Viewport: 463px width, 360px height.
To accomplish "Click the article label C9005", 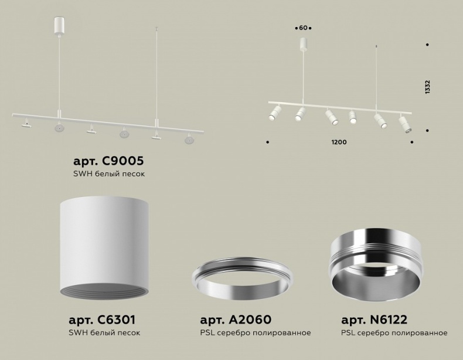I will point(108,160).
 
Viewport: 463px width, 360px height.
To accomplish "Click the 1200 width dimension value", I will point(339,142).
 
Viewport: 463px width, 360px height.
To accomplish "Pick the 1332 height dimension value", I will point(428,87).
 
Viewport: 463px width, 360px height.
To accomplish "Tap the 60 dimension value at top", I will point(303,28).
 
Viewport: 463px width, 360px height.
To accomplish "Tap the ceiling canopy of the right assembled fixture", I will point(303,44).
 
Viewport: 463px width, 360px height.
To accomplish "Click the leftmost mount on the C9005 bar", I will point(25,124).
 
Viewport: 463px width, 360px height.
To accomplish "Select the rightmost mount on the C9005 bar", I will point(189,140).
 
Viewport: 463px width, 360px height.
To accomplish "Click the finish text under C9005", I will point(108,174).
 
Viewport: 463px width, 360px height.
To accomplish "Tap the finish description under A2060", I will point(255,333).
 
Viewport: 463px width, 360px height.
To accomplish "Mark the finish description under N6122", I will point(394,333).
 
